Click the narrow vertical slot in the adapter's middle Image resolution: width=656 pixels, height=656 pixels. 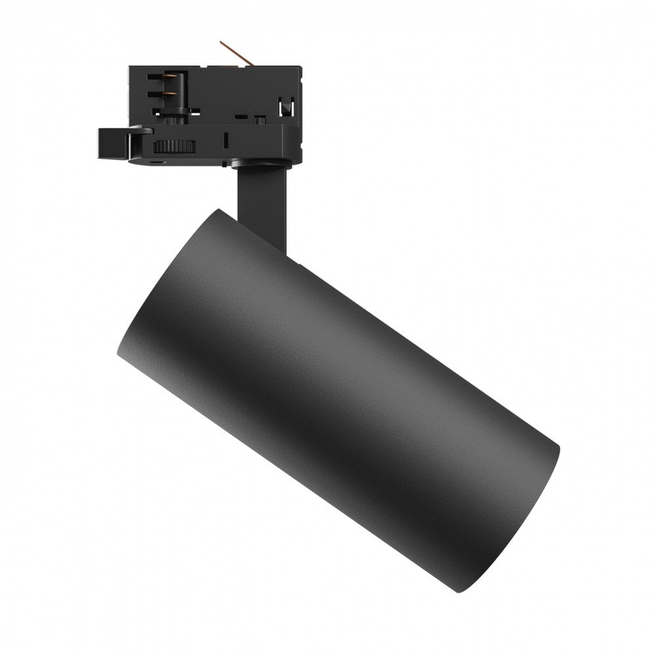[x=225, y=140]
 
